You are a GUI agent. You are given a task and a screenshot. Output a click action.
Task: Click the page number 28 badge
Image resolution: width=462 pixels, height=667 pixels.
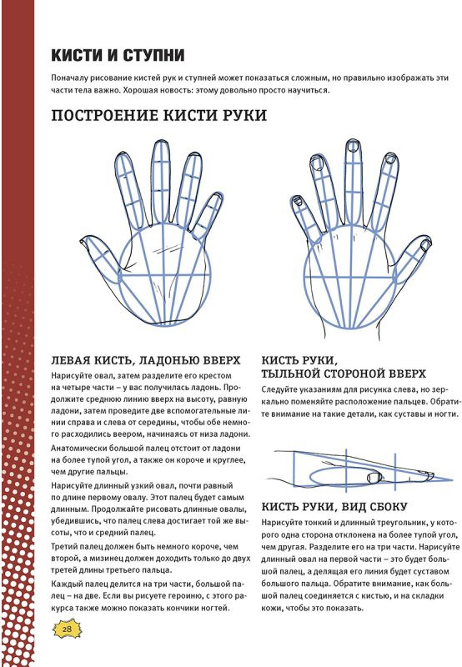click(67, 629)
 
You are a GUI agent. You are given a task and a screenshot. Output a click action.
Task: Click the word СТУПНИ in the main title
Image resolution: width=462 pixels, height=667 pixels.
click(154, 55)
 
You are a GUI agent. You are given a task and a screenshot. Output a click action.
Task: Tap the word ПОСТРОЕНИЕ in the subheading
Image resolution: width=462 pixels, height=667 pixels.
click(105, 115)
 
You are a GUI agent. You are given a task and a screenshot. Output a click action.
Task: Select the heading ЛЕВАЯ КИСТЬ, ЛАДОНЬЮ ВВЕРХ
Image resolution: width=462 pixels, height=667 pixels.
click(145, 360)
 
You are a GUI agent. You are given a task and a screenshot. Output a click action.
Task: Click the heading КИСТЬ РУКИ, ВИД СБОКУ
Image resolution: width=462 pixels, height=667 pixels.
click(334, 507)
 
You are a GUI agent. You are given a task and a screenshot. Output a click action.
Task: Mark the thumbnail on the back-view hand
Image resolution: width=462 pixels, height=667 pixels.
click(425, 244)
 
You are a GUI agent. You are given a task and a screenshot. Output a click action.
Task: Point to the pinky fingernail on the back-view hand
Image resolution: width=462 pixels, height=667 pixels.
click(299, 200)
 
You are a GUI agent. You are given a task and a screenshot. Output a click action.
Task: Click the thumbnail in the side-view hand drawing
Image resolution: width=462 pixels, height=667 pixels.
click(374, 477)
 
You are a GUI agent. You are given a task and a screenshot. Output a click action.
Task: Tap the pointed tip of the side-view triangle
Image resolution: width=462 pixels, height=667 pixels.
click(452, 480)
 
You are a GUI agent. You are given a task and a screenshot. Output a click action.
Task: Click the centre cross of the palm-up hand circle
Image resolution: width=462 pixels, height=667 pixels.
click(163, 276)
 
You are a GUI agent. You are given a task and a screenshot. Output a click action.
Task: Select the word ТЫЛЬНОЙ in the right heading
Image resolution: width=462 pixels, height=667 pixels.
click(290, 374)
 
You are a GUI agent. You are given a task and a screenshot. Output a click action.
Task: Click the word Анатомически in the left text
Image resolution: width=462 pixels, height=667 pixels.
click(78, 448)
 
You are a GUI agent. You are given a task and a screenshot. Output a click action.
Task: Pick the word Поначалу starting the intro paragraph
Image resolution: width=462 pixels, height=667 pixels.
click(68, 78)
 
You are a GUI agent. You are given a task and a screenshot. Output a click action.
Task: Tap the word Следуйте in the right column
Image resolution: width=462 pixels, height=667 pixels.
click(279, 389)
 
